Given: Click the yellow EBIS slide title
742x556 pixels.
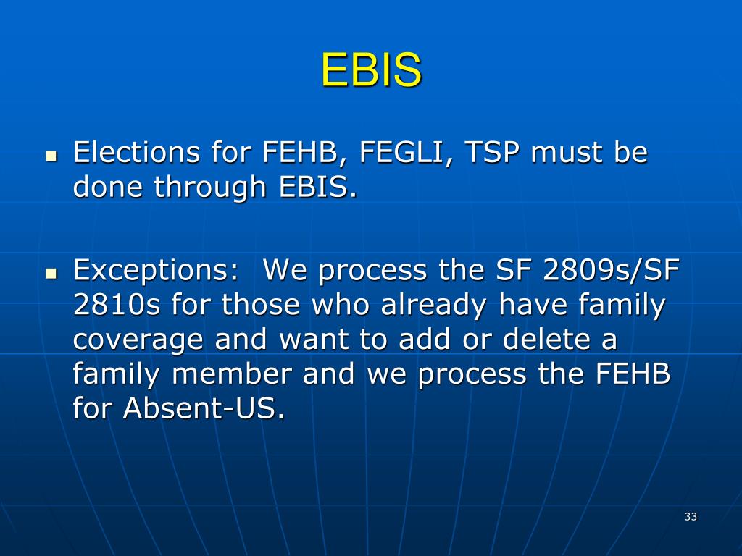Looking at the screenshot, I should (x=371, y=71).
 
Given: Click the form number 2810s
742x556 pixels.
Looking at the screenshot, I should (x=117, y=305).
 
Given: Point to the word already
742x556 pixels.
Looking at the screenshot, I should (x=438, y=305).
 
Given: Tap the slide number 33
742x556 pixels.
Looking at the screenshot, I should (x=690, y=516).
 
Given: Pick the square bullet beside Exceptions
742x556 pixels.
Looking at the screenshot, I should (x=51, y=274).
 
